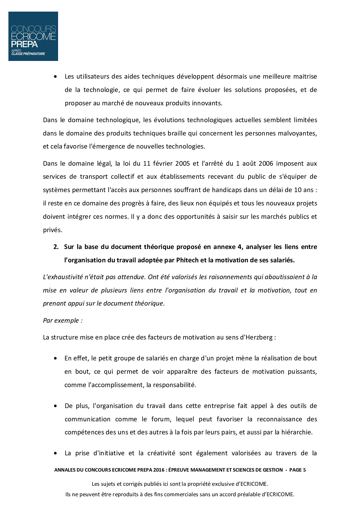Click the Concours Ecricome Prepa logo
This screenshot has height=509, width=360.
coord(33,36)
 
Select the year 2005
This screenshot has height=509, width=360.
coord(183,163)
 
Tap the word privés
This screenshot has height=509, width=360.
coord(52,230)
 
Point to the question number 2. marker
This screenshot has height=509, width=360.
coord(56,247)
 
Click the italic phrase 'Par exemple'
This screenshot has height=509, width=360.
coord(63,321)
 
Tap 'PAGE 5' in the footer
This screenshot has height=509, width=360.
coord(298,470)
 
